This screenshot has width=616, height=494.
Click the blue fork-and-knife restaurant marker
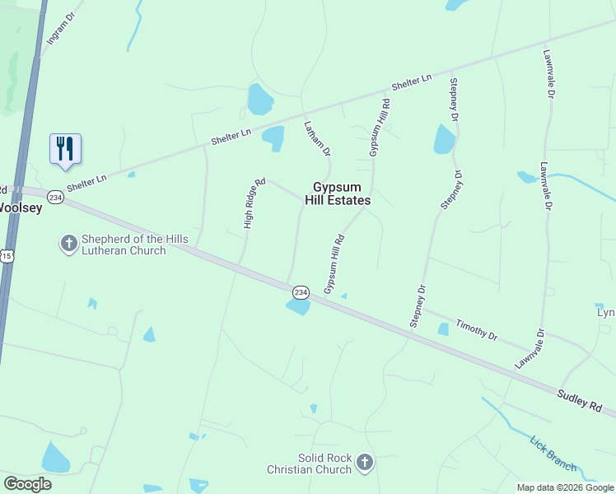[x=65, y=149]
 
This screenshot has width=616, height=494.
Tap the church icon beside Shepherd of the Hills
[x=68, y=244]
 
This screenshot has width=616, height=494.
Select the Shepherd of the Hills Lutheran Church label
[x=134, y=245]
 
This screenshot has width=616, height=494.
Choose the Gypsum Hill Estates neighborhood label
[x=341, y=193]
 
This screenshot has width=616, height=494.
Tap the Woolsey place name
[x=20, y=208]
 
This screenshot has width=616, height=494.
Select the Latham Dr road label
[x=317, y=139]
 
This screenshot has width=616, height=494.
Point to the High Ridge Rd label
[x=254, y=203]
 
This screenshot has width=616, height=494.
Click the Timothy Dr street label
[x=477, y=331]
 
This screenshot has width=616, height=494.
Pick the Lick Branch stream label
[x=553, y=453]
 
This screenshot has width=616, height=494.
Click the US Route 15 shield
[x=6, y=257]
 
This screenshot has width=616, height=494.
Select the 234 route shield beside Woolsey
[x=55, y=198]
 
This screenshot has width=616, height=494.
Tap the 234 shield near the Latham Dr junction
[x=300, y=292]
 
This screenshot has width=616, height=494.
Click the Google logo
[x=27, y=483]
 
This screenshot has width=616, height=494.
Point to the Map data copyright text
[x=565, y=487]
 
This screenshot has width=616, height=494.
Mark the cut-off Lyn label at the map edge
[x=606, y=312]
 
